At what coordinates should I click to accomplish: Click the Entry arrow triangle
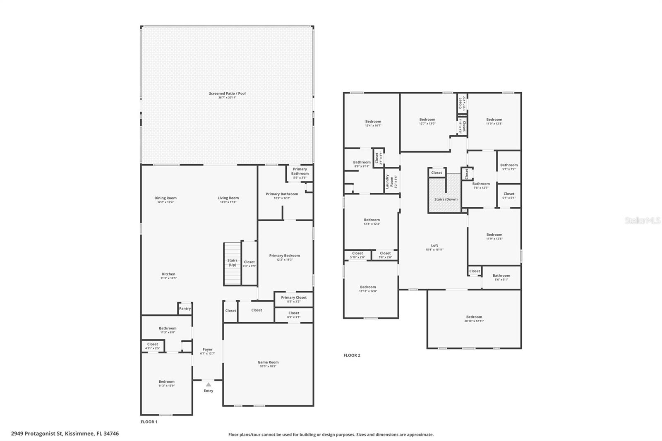(209, 385)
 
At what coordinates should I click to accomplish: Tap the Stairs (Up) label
(233, 263)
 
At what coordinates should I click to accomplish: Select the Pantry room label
(185, 309)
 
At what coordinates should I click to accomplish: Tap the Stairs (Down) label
(446, 199)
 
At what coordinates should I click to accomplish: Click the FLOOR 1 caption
(149, 422)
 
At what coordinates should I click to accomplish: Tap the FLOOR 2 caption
(352, 355)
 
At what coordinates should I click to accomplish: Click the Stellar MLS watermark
(642, 221)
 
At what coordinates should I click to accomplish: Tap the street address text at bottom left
(65, 434)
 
